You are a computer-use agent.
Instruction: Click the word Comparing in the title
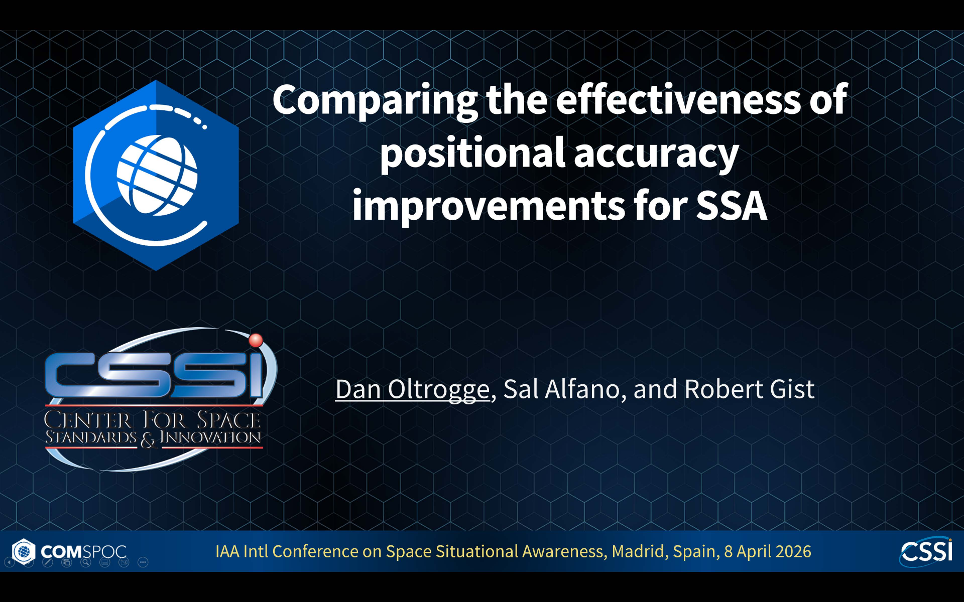[x=374, y=100]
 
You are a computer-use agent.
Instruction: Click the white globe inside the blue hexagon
[x=157, y=176]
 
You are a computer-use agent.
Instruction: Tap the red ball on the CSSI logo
[x=256, y=340]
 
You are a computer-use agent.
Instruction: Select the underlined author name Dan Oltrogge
[x=412, y=389]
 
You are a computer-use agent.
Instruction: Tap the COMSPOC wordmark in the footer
[x=83, y=551]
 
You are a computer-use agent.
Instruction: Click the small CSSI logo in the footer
[x=927, y=551]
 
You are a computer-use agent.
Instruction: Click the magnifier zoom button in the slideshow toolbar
[x=86, y=562]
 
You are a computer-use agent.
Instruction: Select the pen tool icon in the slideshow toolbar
[x=48, y=562]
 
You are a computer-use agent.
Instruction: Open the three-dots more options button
[x=143, y=562]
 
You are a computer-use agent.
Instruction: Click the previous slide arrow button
[x=10, y=562]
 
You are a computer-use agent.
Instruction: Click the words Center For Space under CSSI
[x=153, y=419]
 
